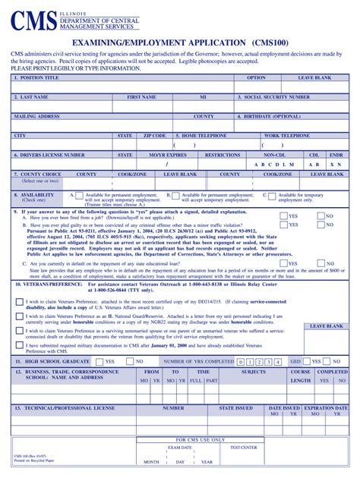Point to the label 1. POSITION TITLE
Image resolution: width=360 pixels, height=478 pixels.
tap(36, 77)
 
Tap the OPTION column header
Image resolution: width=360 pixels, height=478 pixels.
tap(256, 77)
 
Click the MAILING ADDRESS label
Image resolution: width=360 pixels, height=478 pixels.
tap(36, 117)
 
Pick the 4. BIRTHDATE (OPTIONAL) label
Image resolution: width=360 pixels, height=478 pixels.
tap(271, 117)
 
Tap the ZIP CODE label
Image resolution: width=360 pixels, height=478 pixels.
tap(154, 136)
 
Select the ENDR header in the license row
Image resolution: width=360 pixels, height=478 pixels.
tap(336, 155)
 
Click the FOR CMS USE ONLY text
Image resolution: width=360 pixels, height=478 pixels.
tap(201, 440)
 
